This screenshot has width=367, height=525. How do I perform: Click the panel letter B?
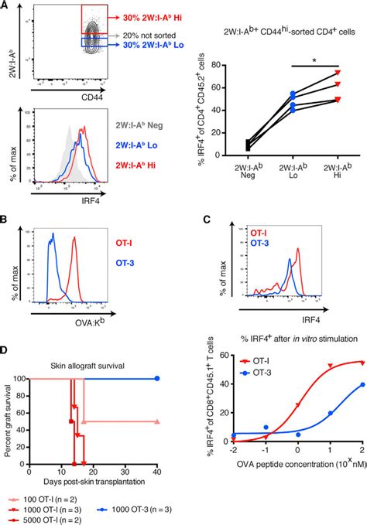5,220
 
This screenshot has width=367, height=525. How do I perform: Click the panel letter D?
5,351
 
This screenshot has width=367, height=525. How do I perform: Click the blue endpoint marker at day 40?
158,379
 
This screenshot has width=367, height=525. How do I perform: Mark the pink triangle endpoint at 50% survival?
158,422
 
